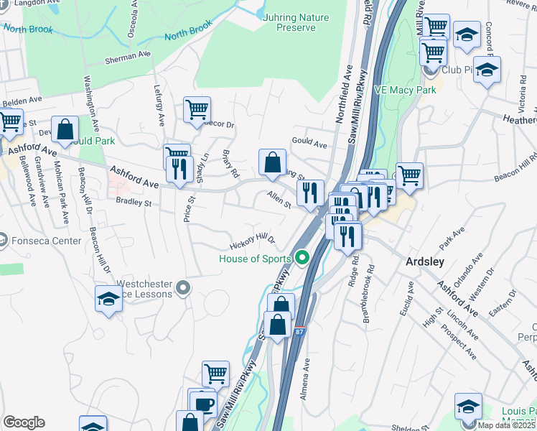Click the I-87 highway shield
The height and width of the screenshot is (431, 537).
coord(299,331)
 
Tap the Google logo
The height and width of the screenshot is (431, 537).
coord(24,422)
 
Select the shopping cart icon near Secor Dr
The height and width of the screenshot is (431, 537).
coord(197,110)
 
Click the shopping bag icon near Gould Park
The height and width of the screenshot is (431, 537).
coord(65,130)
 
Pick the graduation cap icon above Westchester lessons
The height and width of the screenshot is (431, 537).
coord(108,298)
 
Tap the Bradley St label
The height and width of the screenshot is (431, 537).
coord(134,203)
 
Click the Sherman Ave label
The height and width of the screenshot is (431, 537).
coord(128,55)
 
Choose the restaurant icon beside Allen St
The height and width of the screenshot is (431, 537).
coord(309,193)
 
